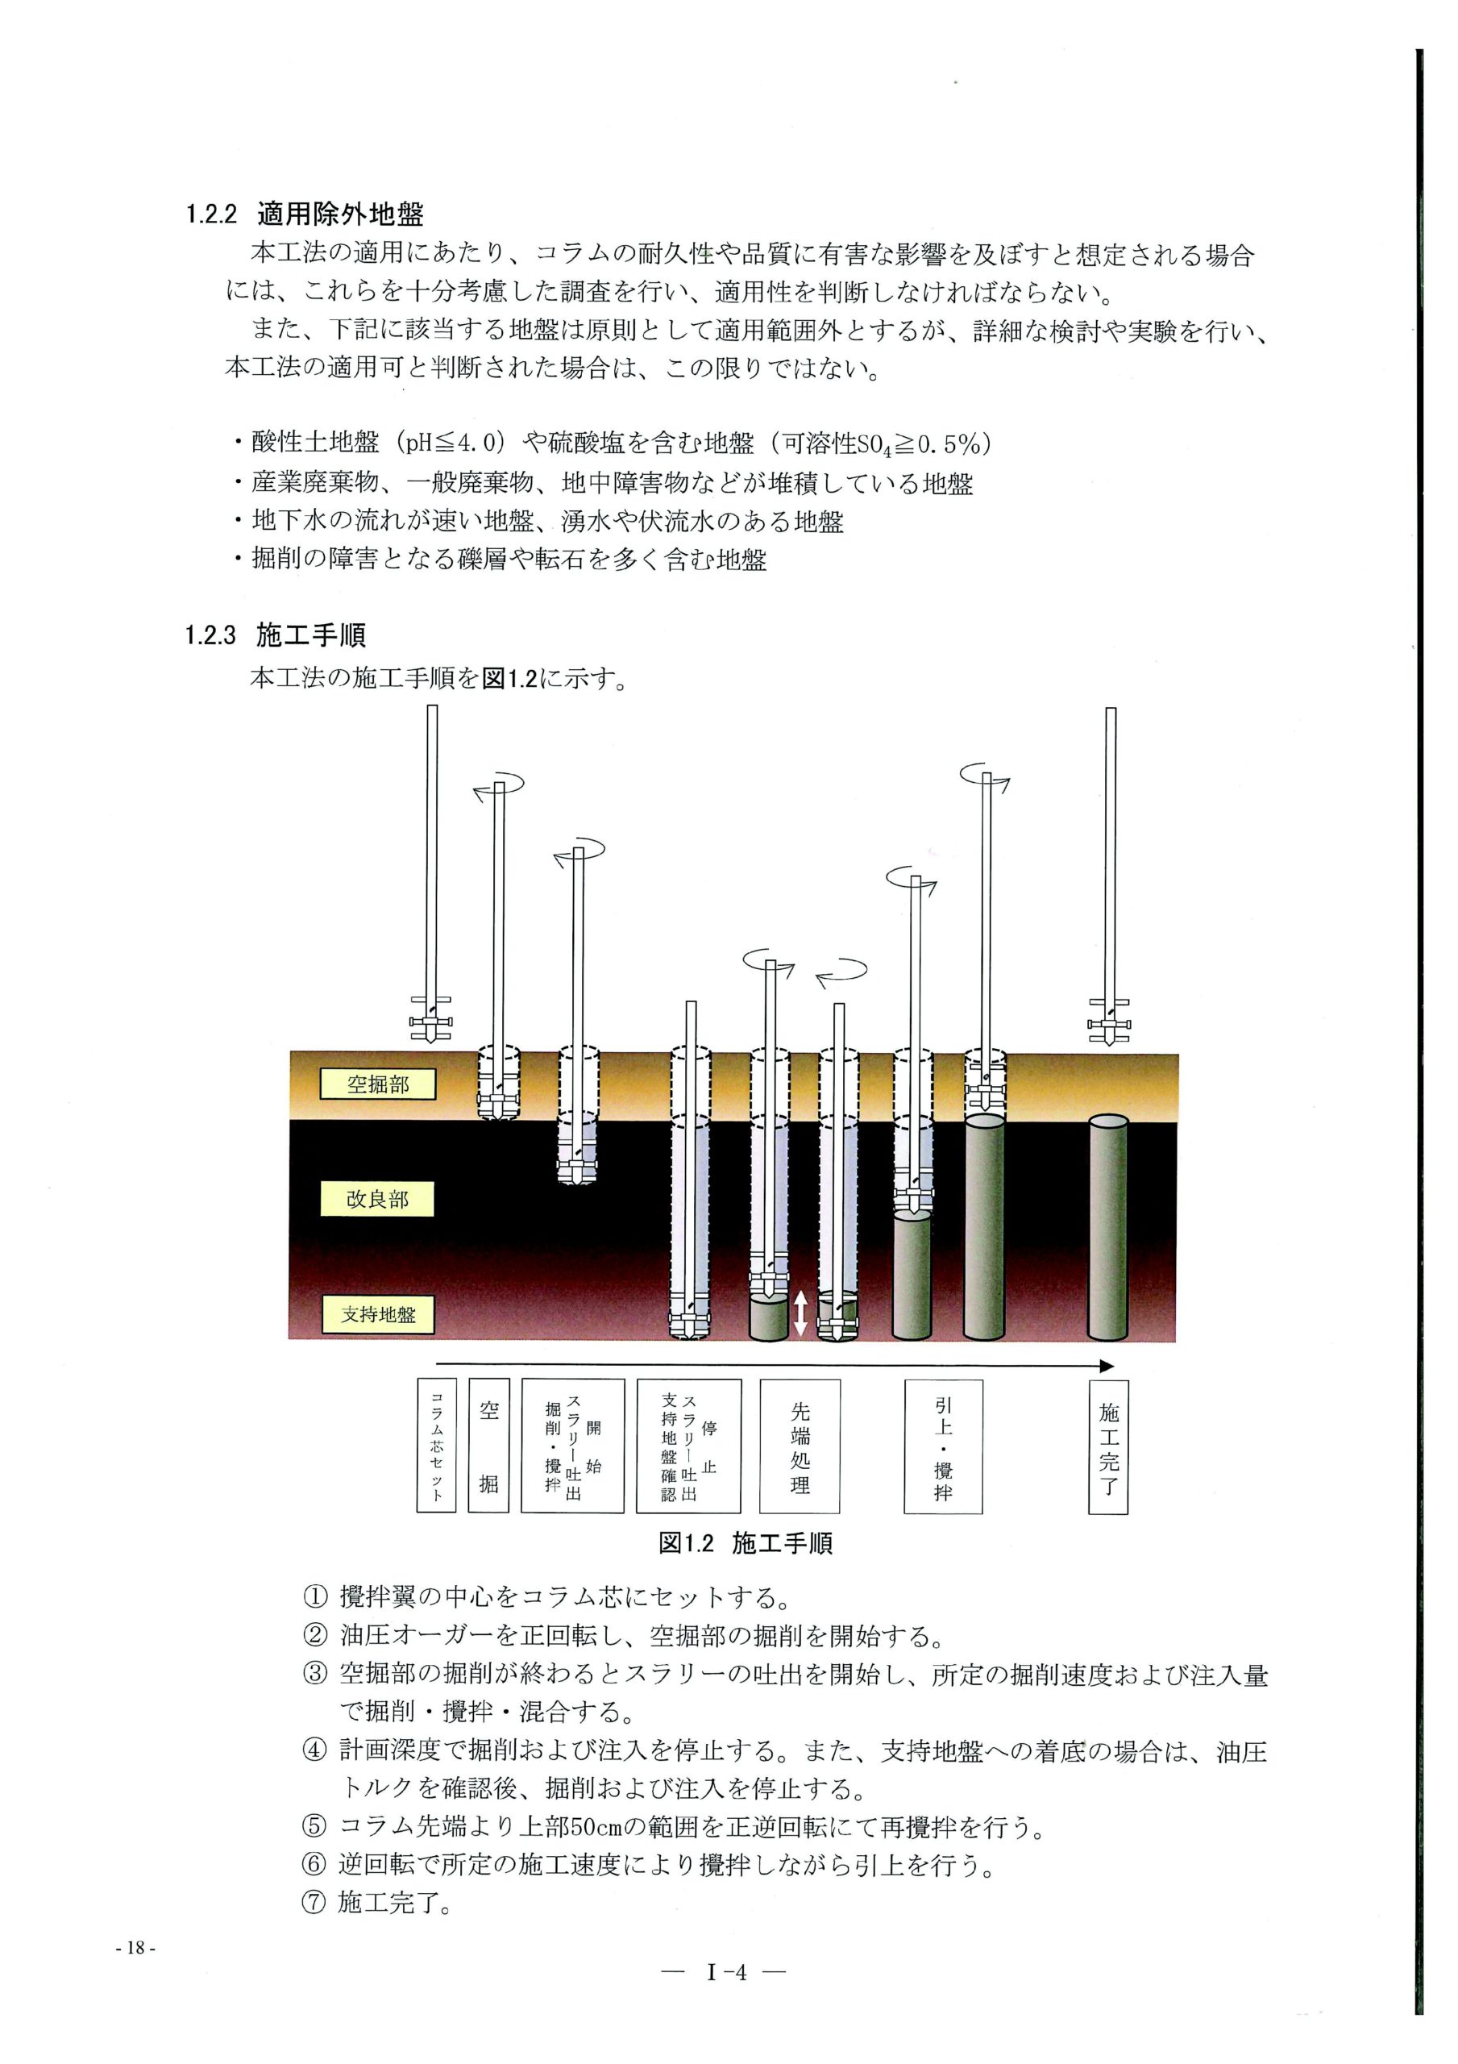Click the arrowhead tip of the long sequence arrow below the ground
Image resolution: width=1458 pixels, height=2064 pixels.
tap(1114, 1365)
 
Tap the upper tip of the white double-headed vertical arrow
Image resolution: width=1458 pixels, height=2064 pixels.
tap(800, 1291)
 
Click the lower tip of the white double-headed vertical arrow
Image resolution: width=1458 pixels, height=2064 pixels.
tap(800, 1336)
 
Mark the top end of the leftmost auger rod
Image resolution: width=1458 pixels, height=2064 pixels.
tap(432, 706)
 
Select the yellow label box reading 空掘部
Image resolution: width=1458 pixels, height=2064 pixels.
tap(377, 1084)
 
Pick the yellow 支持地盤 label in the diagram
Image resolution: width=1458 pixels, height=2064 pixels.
tap(377, 1314)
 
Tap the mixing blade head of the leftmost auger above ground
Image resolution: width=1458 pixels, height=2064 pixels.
tap(431, 1021)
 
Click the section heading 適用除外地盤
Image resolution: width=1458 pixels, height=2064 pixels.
tap(340, 214)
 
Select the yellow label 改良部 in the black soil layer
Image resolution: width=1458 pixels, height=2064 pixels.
tap(377, 1199)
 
